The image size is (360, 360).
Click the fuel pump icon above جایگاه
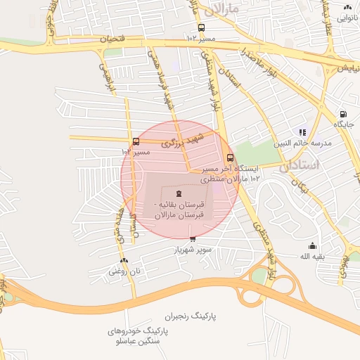343,114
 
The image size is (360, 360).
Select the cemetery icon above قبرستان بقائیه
178,193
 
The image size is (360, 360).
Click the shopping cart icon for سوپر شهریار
193,239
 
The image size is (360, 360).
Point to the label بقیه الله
313,257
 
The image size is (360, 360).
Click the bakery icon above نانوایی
347,8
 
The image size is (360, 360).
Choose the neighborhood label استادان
299,166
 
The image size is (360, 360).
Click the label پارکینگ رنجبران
190,317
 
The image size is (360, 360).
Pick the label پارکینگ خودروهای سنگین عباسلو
136,335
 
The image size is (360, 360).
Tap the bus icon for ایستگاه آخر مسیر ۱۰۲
231,157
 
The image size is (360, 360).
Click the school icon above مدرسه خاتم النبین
302,131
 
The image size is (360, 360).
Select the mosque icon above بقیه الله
313,245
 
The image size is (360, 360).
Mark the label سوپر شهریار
193,250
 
